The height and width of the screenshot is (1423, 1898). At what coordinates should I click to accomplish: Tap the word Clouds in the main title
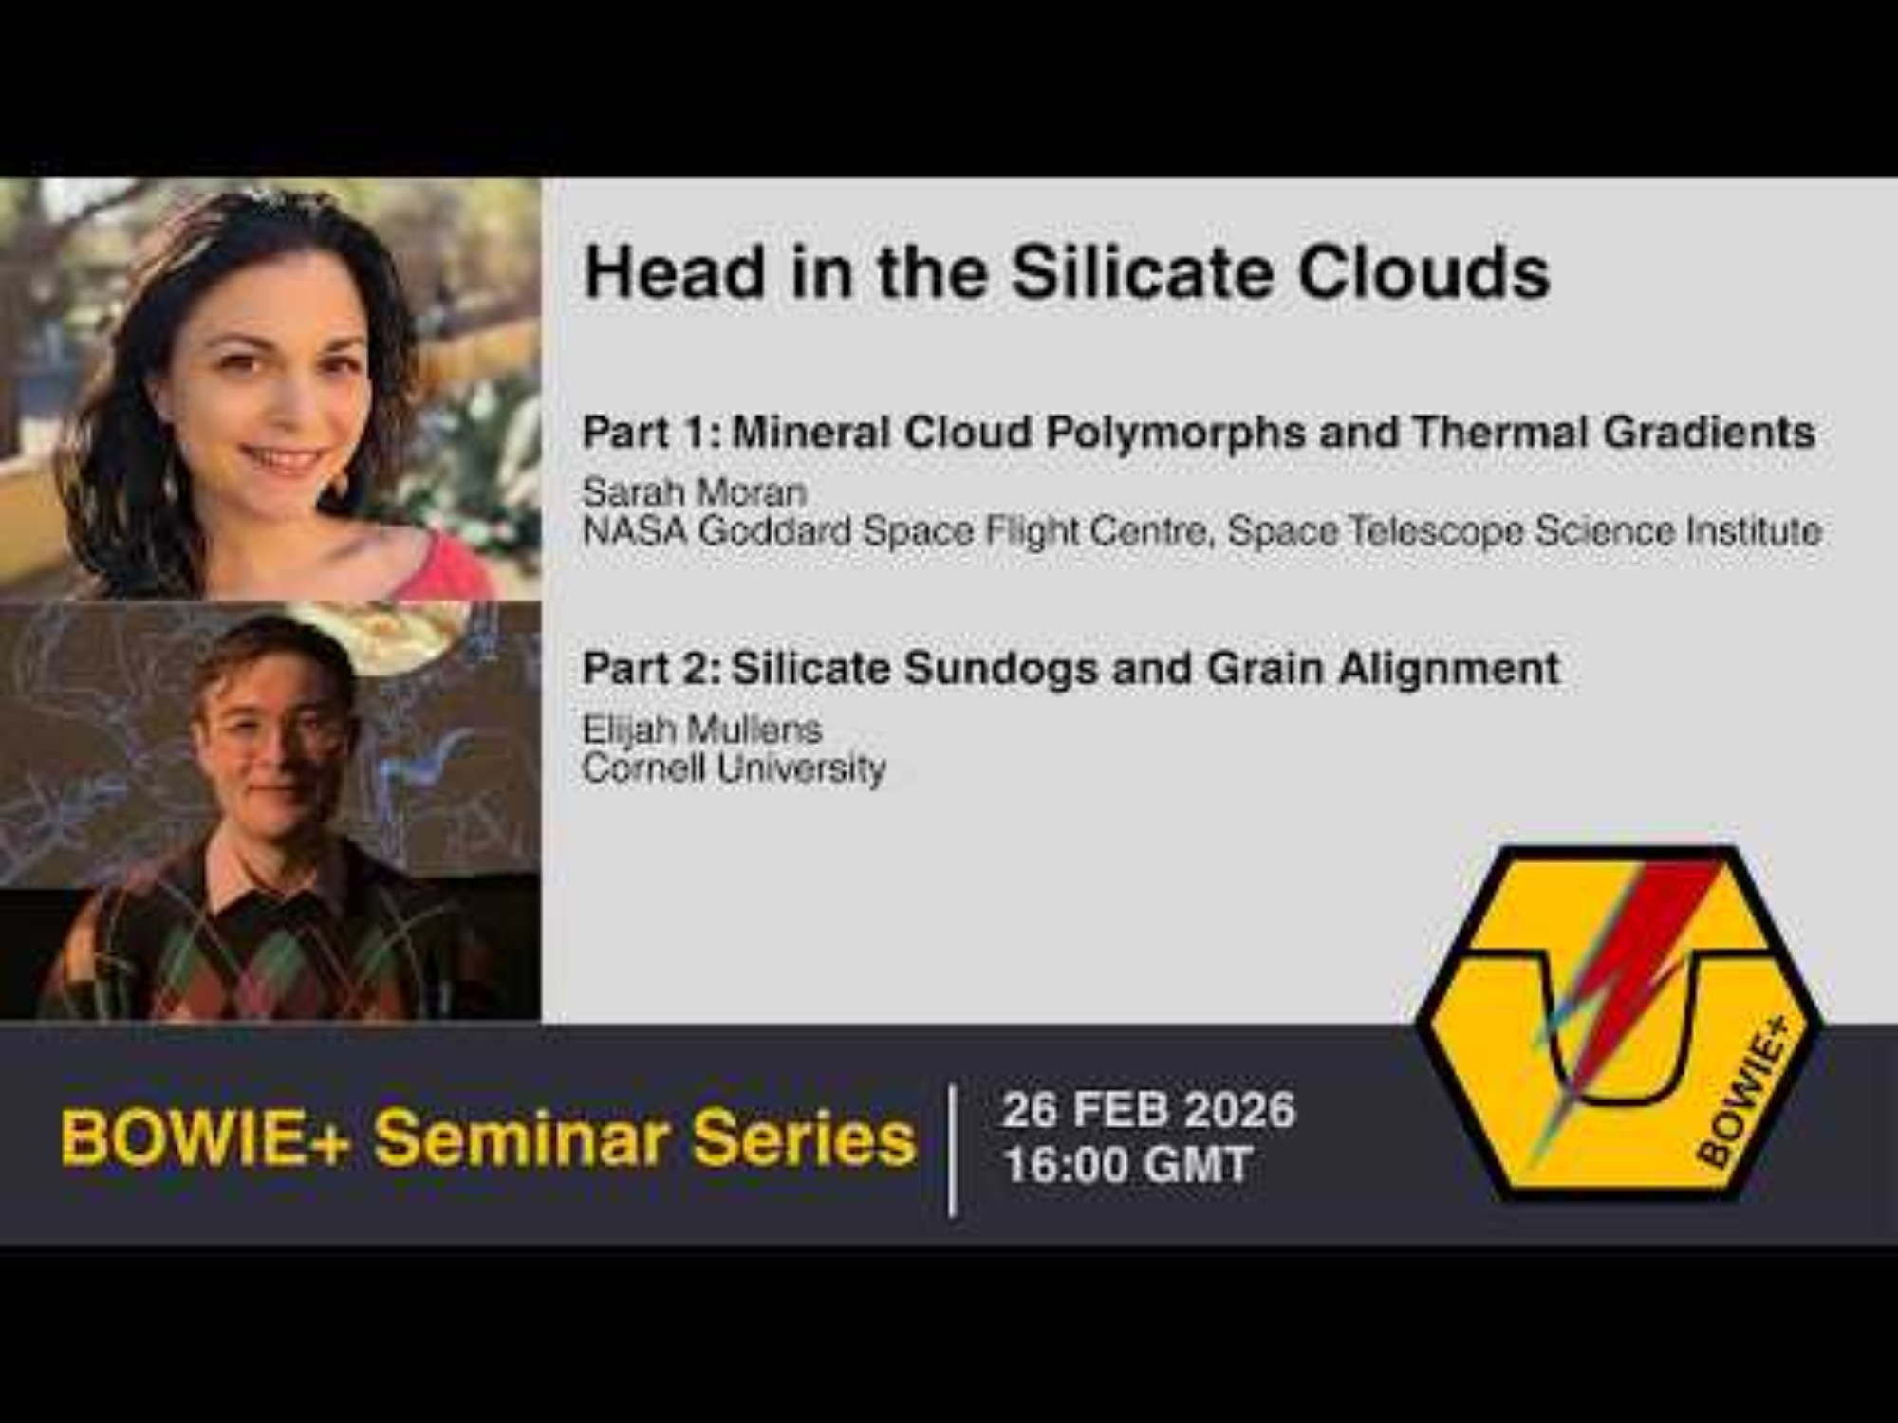pyautogui.click(x=1423, y=273)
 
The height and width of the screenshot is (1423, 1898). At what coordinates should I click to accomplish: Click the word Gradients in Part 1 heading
pyautogui.click(x=1709, y=433)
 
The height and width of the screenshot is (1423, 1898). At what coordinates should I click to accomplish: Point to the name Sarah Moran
pyautogui.click(x=695, y=491)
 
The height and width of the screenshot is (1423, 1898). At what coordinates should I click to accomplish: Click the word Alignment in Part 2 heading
pyautogui.click(x=1449, y=669)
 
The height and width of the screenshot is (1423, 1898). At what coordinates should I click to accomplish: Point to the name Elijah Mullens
pyautogui.click(x=702, y=729)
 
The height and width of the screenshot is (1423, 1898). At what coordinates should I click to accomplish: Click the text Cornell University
pyautogui.click(x=734, y=767)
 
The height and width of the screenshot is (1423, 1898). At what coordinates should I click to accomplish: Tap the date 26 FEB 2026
pyautogui.click(x=1148, y=1110)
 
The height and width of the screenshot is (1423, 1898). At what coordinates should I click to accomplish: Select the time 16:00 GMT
pyautogui.click(x=1128, y=1165)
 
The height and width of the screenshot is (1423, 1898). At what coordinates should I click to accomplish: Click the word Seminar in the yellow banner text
pyautogui.click(x=523, y=1138)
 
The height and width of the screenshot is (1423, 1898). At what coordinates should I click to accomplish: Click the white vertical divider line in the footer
pyautogui.click(x=953, y=1151)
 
